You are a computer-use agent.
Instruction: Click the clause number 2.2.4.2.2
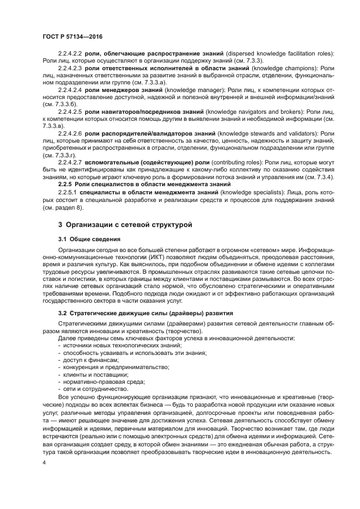click(70, 53)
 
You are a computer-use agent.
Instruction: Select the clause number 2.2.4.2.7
click(70, 162)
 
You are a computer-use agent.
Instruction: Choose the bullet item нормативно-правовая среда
click(101, 382)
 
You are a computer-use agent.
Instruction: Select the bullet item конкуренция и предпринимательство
click(113, 367)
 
